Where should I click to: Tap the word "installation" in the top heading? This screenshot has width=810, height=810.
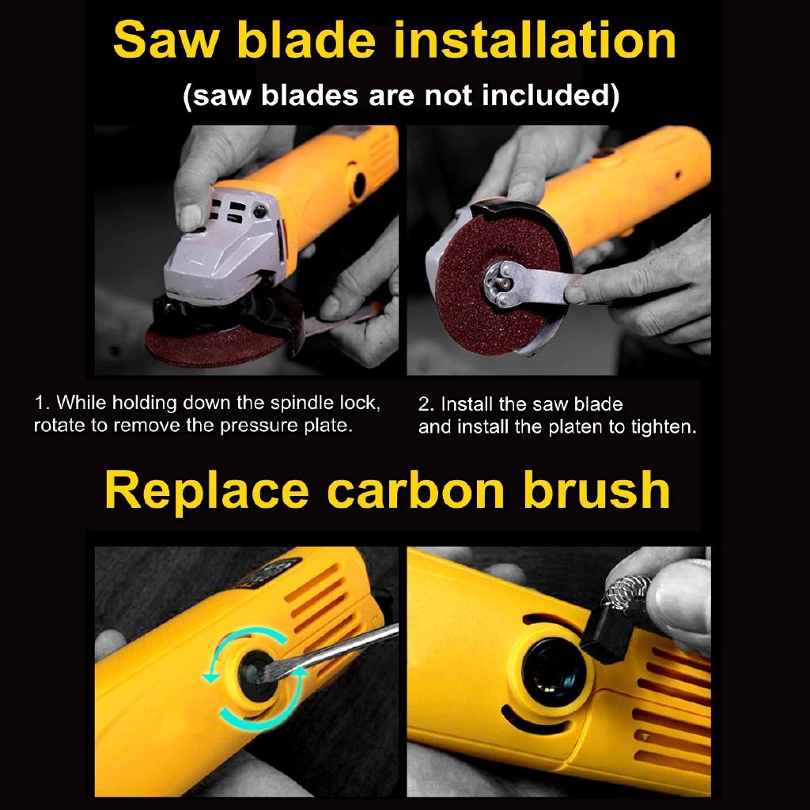tap(534, 40)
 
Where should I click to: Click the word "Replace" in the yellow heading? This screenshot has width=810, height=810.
tap(206, 492)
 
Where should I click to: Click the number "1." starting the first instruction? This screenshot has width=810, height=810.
tap(43, 403)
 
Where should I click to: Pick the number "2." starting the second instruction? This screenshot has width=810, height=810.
tap(426, 404)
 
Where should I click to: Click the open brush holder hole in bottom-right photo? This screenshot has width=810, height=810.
tap(553, 672)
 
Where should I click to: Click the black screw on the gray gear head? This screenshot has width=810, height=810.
tap(259, 210)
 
